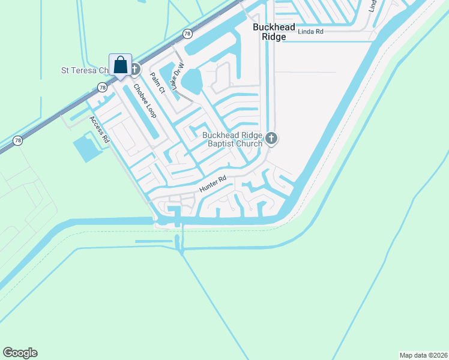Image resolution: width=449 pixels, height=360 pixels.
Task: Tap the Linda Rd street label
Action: (311, 31)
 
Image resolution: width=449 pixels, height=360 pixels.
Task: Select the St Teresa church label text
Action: (84, 70)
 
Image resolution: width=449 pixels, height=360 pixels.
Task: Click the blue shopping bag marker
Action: (120, 65)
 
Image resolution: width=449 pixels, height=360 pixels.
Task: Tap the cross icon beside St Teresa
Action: (134, 70)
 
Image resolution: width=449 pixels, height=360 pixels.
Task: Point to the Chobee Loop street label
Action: (145, 100)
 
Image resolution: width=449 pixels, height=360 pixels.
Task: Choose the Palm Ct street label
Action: (158, 84)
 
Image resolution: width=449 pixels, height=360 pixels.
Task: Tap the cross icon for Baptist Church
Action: (271, 139)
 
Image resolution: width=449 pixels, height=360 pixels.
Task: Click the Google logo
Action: (20, 353)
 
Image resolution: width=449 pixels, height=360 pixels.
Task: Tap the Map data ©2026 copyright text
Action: (424, 355)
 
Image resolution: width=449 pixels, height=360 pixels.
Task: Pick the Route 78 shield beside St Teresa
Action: (103, 88)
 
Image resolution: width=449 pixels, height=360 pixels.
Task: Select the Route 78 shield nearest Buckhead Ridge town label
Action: (188, 34)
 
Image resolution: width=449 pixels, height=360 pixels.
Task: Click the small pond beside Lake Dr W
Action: (191, 80)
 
